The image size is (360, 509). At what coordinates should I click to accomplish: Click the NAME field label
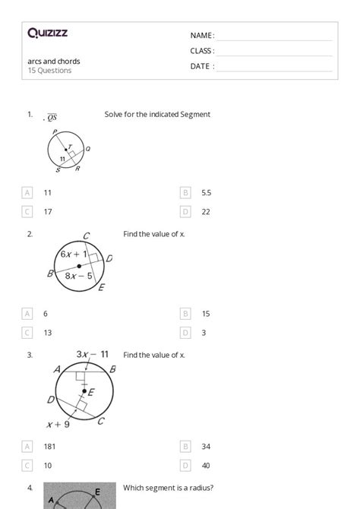202,36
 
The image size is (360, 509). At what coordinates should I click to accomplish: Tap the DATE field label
202,66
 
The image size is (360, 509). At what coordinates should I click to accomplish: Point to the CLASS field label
202,51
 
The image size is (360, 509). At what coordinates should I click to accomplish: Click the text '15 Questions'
49,71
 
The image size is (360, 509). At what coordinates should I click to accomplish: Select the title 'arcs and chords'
54,62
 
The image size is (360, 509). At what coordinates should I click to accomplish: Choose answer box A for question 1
28,193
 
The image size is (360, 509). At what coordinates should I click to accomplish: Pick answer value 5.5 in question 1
207,193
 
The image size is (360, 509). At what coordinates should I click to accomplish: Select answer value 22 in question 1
206,212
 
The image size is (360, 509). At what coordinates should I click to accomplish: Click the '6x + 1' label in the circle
74,254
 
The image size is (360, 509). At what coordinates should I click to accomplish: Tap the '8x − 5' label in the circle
78,276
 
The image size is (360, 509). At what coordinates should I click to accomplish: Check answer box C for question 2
28,333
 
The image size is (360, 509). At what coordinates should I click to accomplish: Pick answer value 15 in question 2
206,314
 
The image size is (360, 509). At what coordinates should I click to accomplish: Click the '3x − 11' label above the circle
92,354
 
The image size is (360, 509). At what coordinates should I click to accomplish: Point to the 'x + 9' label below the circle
58,425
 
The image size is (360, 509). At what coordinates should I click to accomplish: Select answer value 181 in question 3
49,447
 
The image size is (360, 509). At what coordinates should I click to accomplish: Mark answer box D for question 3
185,466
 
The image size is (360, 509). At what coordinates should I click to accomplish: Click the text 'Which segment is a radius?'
168,488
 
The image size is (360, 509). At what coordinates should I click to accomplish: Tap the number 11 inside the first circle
62,159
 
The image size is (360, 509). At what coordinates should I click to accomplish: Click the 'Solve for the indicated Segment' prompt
157,115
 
